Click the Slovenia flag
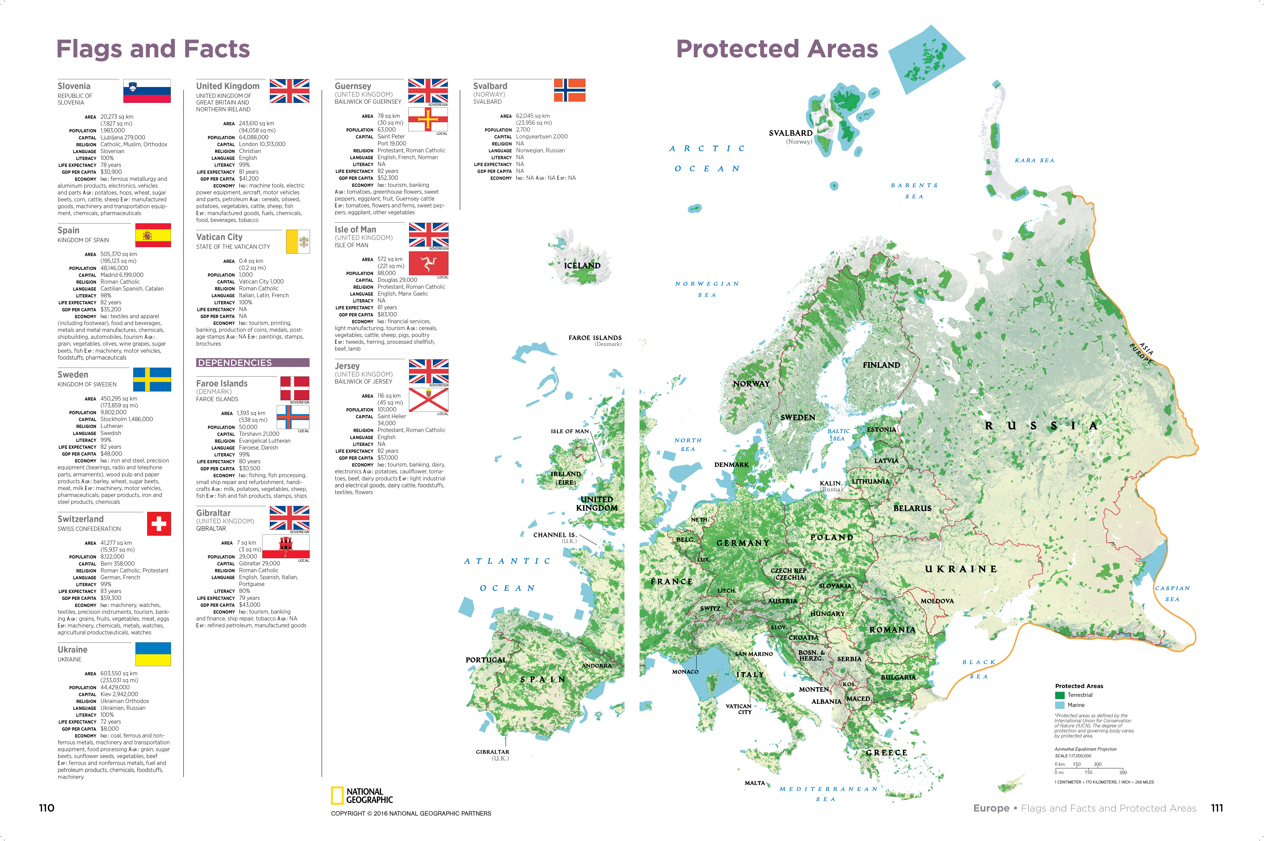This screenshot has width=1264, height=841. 147,91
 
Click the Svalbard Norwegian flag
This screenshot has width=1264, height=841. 569,90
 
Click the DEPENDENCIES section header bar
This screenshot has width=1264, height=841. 252,363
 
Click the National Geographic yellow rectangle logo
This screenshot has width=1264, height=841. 337,795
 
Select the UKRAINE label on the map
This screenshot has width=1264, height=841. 961,569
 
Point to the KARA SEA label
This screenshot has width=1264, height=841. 1034,160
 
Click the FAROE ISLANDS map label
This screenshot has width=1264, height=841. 595,338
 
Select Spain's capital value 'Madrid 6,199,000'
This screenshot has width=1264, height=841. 122,275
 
